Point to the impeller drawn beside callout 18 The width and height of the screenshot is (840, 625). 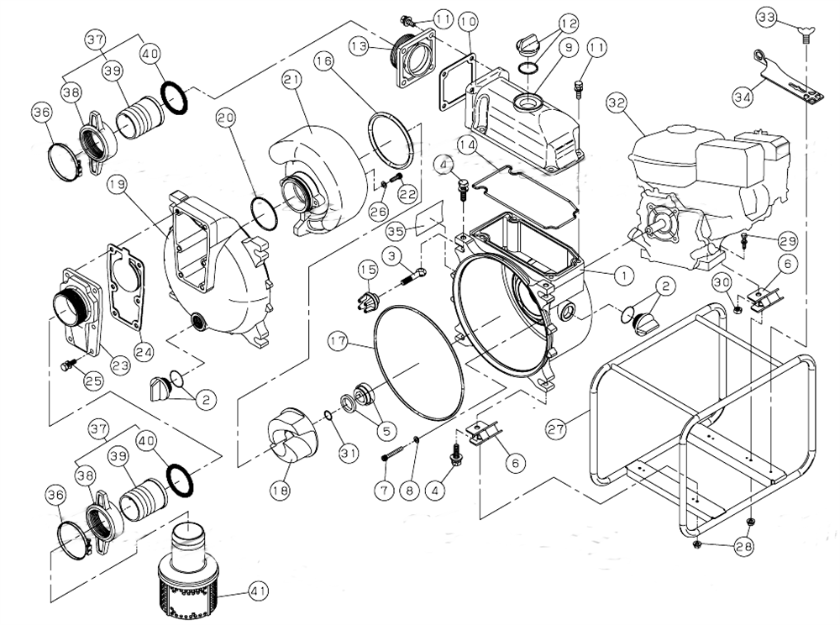[x=288, y=435]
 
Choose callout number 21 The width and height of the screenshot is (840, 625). [x=291, y=80]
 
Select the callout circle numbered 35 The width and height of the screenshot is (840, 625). [x=397, y=229]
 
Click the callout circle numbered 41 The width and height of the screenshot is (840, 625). [x=258, y=591]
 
